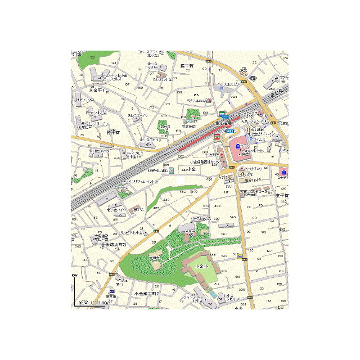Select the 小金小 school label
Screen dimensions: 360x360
click(x=200, y=265)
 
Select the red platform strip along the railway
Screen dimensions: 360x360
click(x=194, y=143)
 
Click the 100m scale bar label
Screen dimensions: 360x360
click(x=74, y=275)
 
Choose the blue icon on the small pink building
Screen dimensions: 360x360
click(x=285, y=172)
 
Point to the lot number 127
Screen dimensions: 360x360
click(x=269, y=250)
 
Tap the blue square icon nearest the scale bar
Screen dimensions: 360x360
click(x=112, y=291)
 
